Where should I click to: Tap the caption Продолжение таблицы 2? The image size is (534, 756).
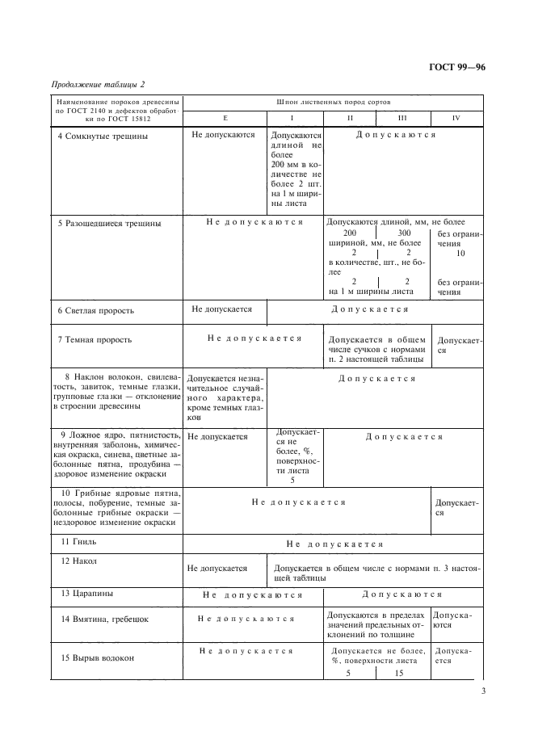coord(98,84)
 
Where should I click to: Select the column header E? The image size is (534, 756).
coord(225,119)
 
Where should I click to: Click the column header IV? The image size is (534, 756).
coord(456,119)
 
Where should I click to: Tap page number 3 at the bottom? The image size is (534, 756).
coord(482,691)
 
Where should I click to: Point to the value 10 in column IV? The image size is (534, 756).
coord(460,253)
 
